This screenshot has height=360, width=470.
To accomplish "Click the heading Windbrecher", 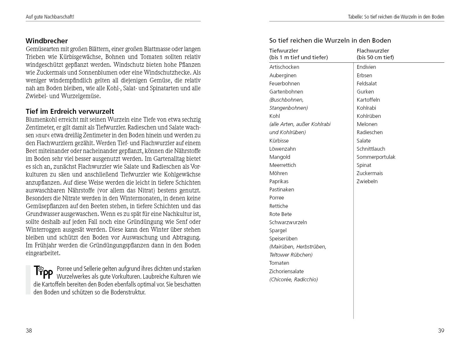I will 47,41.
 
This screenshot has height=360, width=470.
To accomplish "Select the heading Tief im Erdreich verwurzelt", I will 70,111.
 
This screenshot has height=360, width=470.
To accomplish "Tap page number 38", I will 29,331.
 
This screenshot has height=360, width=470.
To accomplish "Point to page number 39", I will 441,331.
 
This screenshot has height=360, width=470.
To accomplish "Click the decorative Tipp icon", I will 44,272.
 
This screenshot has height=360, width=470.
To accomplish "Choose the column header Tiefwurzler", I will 284,51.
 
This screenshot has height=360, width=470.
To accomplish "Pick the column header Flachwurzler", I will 373,51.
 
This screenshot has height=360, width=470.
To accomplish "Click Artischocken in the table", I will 284,67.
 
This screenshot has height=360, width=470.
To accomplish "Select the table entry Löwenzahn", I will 282,149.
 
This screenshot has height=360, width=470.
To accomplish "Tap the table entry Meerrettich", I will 282,165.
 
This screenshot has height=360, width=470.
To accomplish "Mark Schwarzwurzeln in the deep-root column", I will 288,222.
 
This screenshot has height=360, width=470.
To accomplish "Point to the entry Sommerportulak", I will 376,157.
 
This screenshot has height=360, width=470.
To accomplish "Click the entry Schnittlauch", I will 371,149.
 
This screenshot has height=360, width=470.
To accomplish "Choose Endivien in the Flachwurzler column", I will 366,67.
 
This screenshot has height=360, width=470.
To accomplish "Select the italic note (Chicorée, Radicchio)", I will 293,280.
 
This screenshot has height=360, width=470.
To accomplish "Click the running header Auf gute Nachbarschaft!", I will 50,17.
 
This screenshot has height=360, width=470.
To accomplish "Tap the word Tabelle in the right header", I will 355,17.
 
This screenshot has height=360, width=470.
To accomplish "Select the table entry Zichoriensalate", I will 286,271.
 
